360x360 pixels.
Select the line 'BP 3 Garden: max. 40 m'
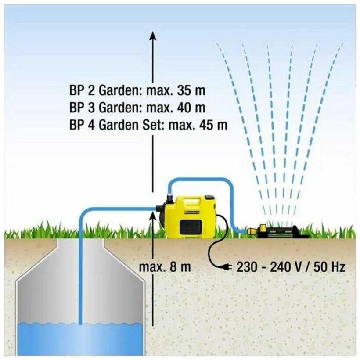pos(137,108)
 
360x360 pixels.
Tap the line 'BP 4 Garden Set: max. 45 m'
pos(148,125)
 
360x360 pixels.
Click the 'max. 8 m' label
pos(165,266)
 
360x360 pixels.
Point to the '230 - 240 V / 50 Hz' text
pos(291,266)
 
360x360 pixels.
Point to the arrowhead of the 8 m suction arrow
pos(152,212)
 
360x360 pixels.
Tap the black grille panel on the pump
pos(192,227)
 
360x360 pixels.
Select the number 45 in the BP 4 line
pos(206,125)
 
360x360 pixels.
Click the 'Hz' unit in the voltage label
pos(338,266)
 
